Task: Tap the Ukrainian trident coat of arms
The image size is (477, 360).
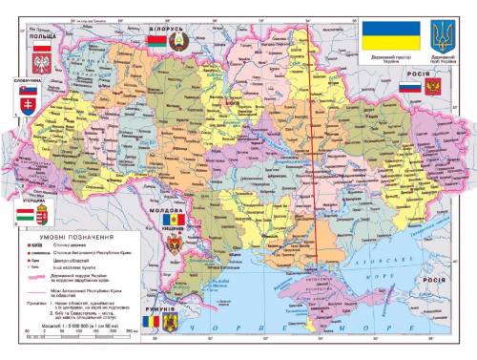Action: tap(441, 38)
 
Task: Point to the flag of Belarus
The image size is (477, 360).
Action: tap(156, 41)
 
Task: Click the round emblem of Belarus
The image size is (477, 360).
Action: tap(178, 41)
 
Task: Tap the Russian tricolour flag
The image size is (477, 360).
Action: tap(408, 88)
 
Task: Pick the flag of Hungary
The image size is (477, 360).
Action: tap(26, 206)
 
